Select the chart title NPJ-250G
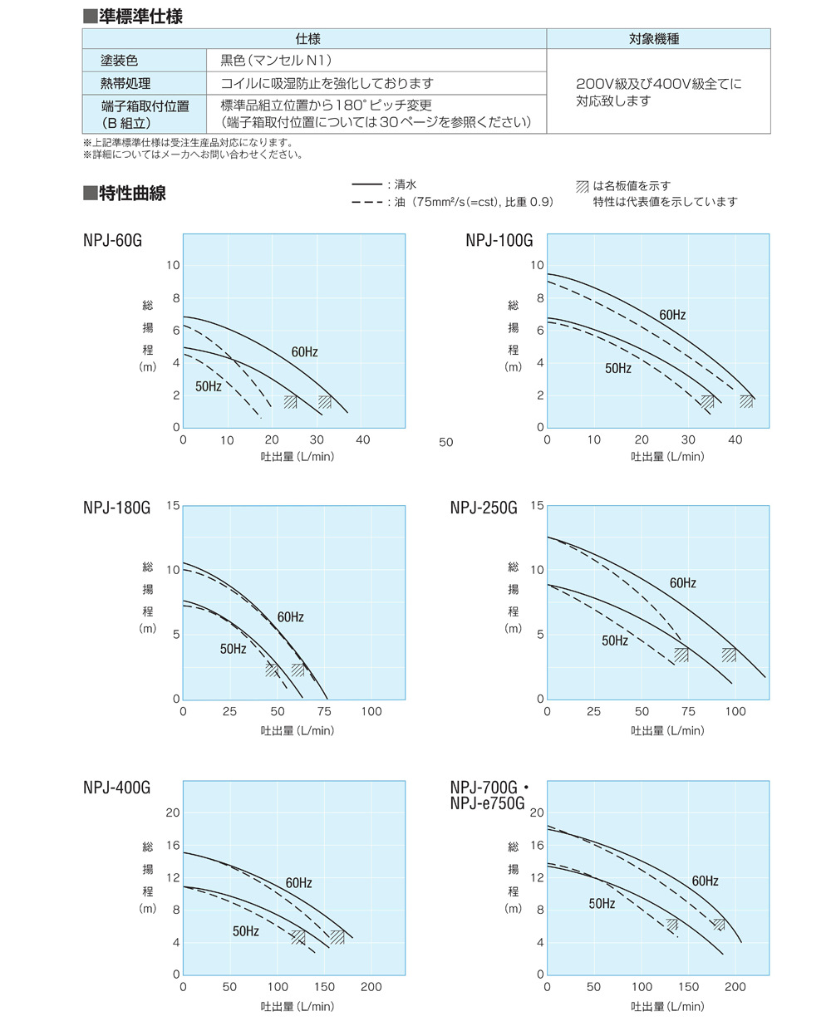(x=484, y=508)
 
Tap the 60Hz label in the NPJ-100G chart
(x=672, y=316)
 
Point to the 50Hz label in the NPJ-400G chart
(x=245, y=932)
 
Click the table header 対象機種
(x=657, y=39)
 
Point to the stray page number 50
(x=446, y=443)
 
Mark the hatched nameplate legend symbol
(x=582, y=187)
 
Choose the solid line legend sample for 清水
(x=367, y=185)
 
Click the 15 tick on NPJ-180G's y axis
(x=174, y=506)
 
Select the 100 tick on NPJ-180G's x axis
(x=371, y=712)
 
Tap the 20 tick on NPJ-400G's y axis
(x=173, y=812)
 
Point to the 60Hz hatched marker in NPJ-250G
(x=729, y=655)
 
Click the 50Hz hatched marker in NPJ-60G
(x=290, y=402)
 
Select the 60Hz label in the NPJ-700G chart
(x=705, y=881)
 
